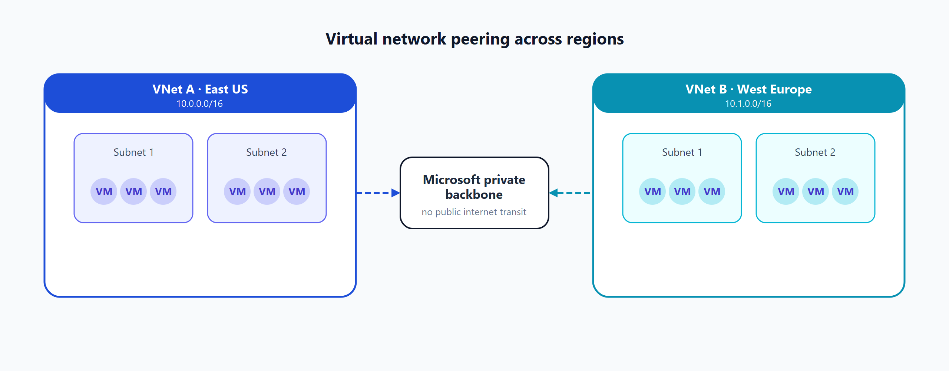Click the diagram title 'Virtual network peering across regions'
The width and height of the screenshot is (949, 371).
[474, 39]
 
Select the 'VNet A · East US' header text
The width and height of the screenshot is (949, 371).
[200, 89]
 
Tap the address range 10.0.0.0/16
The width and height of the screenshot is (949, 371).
[199, 104]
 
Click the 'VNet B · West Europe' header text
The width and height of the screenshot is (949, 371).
[748, 89]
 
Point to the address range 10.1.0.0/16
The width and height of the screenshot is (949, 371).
[748, 104]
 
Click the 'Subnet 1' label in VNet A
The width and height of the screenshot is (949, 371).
[133, 152]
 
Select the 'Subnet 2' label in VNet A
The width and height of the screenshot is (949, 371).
[267, 152]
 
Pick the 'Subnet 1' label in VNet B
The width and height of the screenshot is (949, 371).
[682, 152]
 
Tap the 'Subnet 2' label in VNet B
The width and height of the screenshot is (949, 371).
[815, 152]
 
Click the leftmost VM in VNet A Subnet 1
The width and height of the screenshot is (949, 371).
[104, 191]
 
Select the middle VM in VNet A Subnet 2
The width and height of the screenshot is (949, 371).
[267, 191]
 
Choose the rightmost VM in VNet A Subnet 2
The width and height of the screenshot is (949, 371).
[297, 191]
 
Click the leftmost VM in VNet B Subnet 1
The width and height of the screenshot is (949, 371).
[652, 191]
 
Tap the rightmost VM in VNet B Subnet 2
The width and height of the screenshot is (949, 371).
[845, 191]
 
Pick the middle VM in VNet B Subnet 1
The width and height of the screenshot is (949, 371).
[682, 191]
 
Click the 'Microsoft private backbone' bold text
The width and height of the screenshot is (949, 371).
[474, 187]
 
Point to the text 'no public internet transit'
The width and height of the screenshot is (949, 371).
[474, 212]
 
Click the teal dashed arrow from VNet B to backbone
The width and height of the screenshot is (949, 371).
[571, 193]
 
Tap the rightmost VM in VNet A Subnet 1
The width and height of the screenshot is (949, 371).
[163, 191]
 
